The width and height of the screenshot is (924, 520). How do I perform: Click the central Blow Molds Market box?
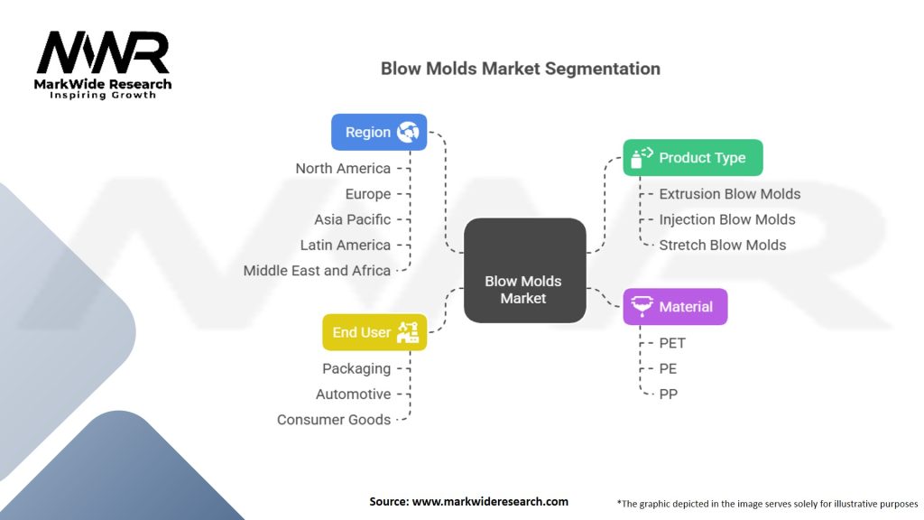point(523,270)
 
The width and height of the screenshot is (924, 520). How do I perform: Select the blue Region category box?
point(379,132)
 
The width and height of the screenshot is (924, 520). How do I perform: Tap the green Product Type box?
point(692,157)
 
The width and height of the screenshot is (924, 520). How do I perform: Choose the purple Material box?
point(675,307)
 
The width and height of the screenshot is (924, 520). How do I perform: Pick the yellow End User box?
point(374,332)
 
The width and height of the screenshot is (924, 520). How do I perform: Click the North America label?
point(343,169)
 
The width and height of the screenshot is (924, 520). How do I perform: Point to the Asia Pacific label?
point(352,219)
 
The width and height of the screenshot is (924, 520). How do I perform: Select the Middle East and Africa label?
point(317,270)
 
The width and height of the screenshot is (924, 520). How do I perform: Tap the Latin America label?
point(345,245)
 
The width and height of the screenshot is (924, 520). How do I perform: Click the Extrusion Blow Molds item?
point(729,194)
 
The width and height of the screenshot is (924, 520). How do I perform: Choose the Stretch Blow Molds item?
point(722,245)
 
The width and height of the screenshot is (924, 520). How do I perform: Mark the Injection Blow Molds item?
point(726,219)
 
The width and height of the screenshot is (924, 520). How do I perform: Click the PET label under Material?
point(672,343)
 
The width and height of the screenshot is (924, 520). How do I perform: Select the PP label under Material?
point(668,394)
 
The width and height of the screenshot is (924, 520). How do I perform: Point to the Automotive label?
point(353,394)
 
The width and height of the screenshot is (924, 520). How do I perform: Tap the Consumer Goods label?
point(333,420)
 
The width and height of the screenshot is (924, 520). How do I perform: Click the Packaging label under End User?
point(356,368)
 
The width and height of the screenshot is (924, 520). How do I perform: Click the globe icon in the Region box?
point(408,132)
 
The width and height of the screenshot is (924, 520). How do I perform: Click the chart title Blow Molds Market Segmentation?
point(520,69)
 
